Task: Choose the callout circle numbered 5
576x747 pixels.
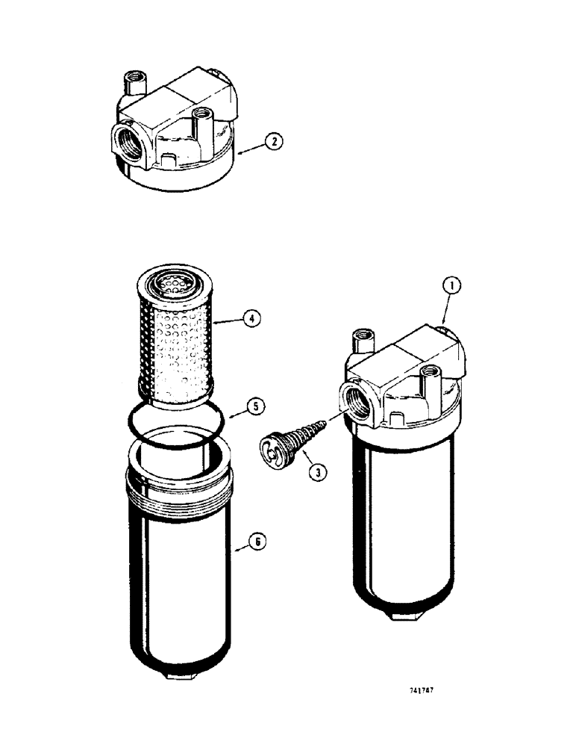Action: tap(254, 408)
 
